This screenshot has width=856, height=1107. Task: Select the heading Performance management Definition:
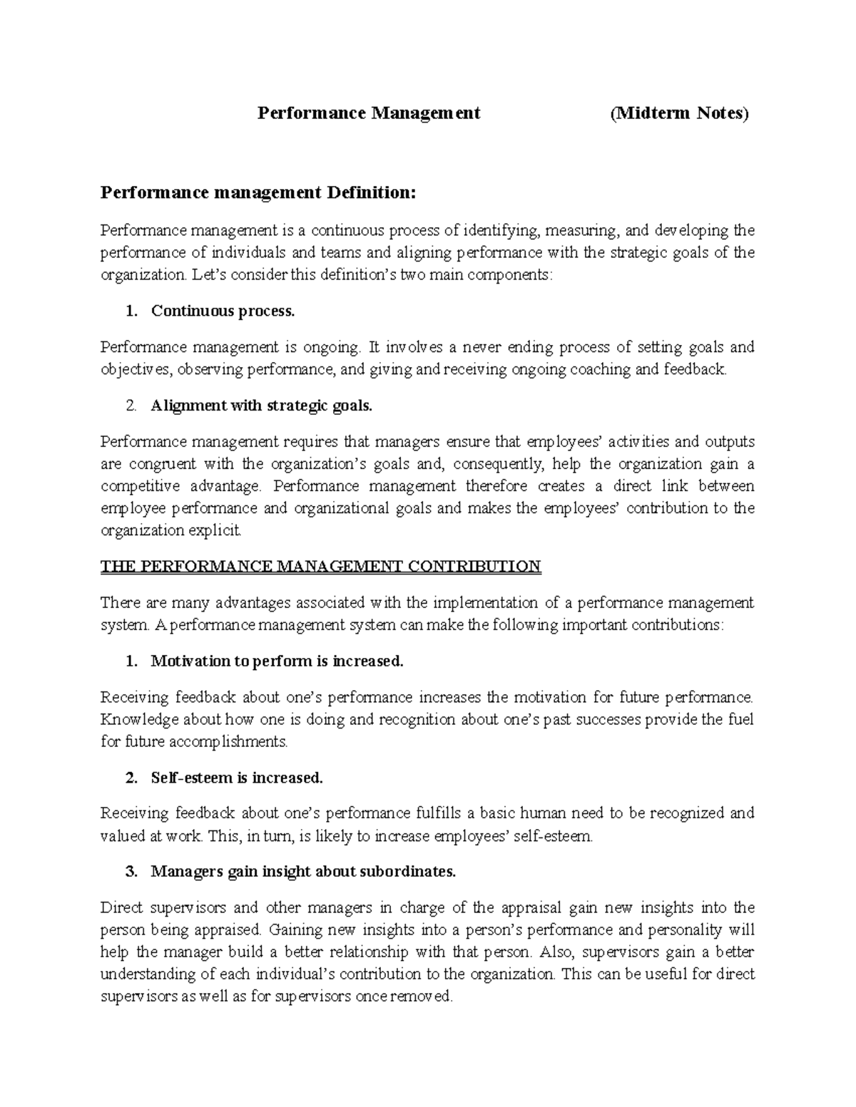[x=257, y=192]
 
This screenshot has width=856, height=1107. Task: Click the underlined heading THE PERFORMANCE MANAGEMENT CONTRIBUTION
[x=321, y=567]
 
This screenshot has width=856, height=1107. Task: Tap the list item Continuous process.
[x=222, y=311]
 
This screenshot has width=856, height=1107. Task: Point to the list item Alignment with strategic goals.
[x=261, y=406]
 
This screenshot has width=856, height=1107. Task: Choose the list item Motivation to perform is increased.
[x=277, y=661]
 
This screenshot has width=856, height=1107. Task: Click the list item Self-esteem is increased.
[x=237, y=778]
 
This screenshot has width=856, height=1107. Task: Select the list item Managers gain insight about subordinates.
[x=302, y=872]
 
